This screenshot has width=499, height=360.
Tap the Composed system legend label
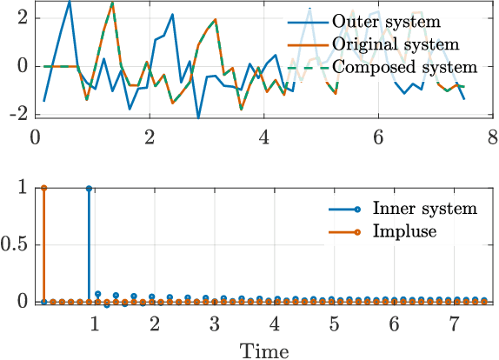pos(405,66)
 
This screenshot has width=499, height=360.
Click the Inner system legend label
pos(424,208)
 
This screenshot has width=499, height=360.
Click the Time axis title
pos(265,350)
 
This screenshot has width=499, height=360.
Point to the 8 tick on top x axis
pos(492,137)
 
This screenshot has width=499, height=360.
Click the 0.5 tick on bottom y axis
pos(17,244)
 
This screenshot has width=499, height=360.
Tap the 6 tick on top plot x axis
pos(377,137)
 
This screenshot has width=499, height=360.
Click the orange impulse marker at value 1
pos(44,187)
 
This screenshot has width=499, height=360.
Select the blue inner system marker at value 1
pos(89,187)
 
